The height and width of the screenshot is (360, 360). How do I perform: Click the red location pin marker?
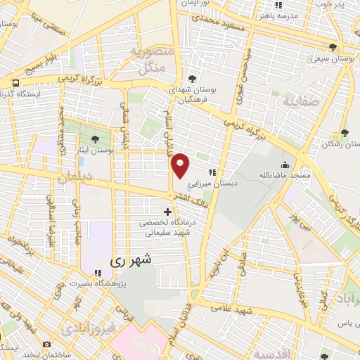pyautogui.click(x=181, y=165)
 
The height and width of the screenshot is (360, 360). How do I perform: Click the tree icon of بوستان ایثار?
pyautogui.click(x=96, y=139)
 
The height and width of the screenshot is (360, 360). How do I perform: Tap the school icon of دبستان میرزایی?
pyautogui.click(x=212, y=172)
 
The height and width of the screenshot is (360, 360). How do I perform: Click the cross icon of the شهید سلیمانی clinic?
pyautogui.click(x=167, y=211)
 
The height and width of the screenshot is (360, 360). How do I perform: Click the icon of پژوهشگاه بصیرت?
pyautogui.click(x=97, y=273)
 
